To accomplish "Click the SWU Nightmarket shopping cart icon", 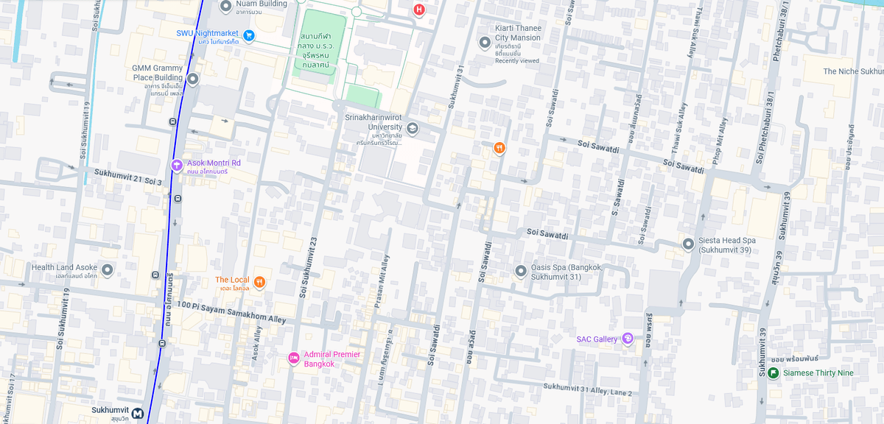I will [249, 35].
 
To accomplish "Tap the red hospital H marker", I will [419, 10].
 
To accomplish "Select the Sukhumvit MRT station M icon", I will [138, 413].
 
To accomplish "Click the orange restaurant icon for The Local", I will [259, 281].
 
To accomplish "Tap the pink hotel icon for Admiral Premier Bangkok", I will [294, 358].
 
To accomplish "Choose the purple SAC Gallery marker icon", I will [628, 339].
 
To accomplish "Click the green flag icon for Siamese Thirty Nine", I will [773, 373].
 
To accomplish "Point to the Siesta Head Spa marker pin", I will [688, 244].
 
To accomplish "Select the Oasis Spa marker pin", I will [521, 271].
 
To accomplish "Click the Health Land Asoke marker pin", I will [107, 270].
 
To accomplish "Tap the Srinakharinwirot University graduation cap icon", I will [413, 129].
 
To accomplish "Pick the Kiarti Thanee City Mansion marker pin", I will [485, 43].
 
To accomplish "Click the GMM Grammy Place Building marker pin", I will [192, 79].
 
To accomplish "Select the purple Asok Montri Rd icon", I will [177, 165].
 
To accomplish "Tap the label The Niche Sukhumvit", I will [852, 71].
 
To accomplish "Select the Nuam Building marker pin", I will [226, 7].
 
